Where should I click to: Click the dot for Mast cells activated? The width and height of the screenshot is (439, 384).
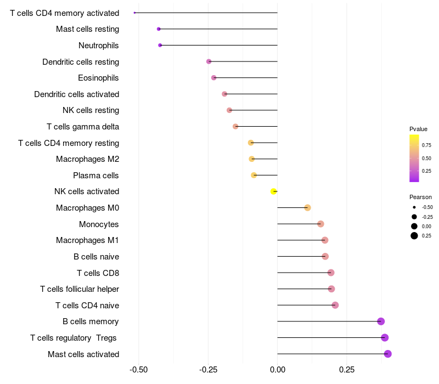point(387,354)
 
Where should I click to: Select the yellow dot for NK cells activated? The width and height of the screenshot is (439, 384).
point(273,191)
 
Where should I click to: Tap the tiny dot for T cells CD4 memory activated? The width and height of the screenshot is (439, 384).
point(134,13)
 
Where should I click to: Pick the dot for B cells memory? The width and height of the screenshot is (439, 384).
point(381,321)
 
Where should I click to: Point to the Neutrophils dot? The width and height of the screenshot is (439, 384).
point(160,45)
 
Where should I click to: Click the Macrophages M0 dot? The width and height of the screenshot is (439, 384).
point(307,207)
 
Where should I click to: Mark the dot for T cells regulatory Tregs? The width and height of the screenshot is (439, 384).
point(385,337)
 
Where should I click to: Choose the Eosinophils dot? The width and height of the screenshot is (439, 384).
point(213,78)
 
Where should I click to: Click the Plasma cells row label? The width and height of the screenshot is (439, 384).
point(96,176)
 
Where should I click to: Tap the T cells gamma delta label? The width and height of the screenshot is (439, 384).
point(83,127)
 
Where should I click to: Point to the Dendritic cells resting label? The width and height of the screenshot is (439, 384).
point(81,62)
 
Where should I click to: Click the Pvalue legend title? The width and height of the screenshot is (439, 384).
point(418,129)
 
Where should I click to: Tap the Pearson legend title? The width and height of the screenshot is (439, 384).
point(420,197)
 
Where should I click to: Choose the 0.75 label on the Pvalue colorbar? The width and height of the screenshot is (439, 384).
point(426,146)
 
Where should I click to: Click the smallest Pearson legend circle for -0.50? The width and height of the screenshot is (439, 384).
point(414,207)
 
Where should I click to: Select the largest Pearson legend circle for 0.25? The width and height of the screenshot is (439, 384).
point(414,236)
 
